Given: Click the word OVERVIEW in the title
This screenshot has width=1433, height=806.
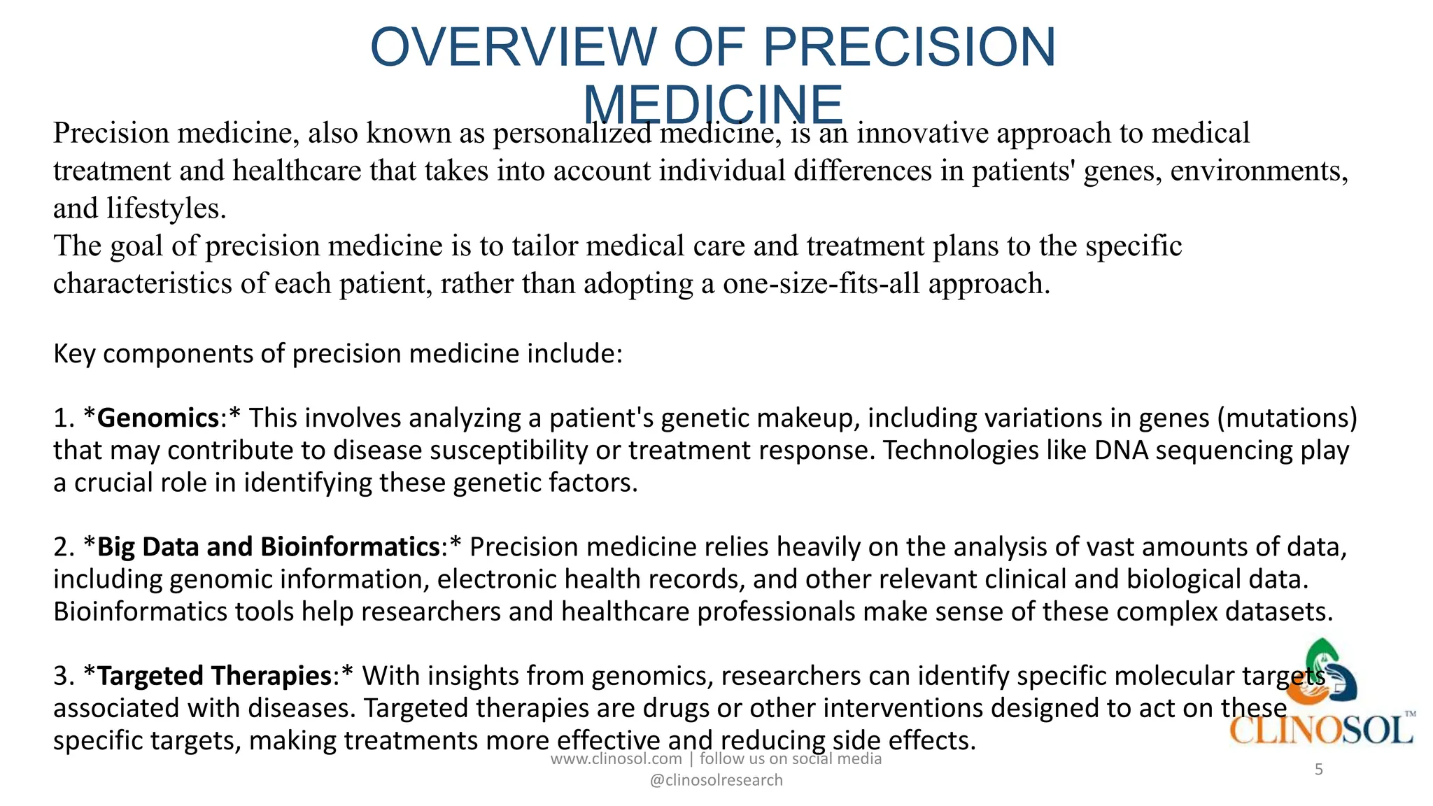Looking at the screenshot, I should pyautogui.click(x=513, y=47).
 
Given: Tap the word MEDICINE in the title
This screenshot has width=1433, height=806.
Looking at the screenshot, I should pyautogui.click(x=713, y=105).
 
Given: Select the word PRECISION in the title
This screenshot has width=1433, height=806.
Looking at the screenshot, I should pyautogui.click(x=909, y=47).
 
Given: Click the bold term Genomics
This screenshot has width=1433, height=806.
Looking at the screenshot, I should pyautogui.click(x=158, y=418).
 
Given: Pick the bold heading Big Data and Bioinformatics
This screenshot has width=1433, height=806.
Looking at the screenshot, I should pyautogui.click(x=268, y=546).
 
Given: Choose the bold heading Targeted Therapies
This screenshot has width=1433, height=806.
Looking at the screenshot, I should pyautogui.click(x=214, y=675).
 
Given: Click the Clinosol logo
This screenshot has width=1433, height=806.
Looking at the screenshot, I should pyautogui.click(x=1321, y=693).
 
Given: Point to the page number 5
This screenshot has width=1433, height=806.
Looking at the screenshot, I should pyautogui.click(x=1319, y=770).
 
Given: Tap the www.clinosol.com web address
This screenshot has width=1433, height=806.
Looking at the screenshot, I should pyautogui.click(x=616, y=758).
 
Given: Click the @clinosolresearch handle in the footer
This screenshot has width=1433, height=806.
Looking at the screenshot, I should pyautogui.click(x=716, y=780).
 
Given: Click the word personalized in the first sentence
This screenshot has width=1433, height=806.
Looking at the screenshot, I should pyautogui.click(x=572, y=133).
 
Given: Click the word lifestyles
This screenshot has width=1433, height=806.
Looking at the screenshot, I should pyautogui.click(x=167, y=208).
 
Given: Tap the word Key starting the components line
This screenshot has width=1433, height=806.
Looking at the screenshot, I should pyautogui.click(x=74, y=354).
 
